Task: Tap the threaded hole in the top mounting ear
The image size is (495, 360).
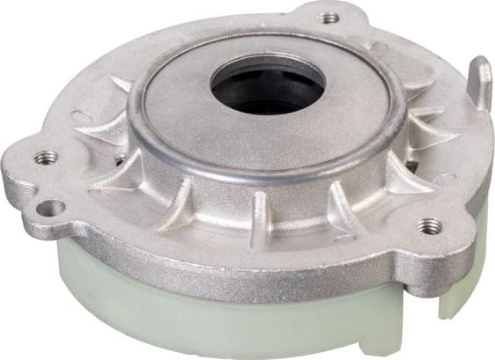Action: pos(329,18)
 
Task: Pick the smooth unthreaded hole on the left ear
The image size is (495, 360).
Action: pos(50,208)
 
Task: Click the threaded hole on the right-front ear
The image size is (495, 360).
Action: pos(429,226)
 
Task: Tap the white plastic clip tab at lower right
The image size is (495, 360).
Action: pos(454,296)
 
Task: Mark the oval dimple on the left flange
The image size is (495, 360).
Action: pos(81,115)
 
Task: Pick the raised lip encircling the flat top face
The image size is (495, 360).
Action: pos(264,173)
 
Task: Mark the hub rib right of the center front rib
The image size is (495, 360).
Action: pos(339,207)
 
